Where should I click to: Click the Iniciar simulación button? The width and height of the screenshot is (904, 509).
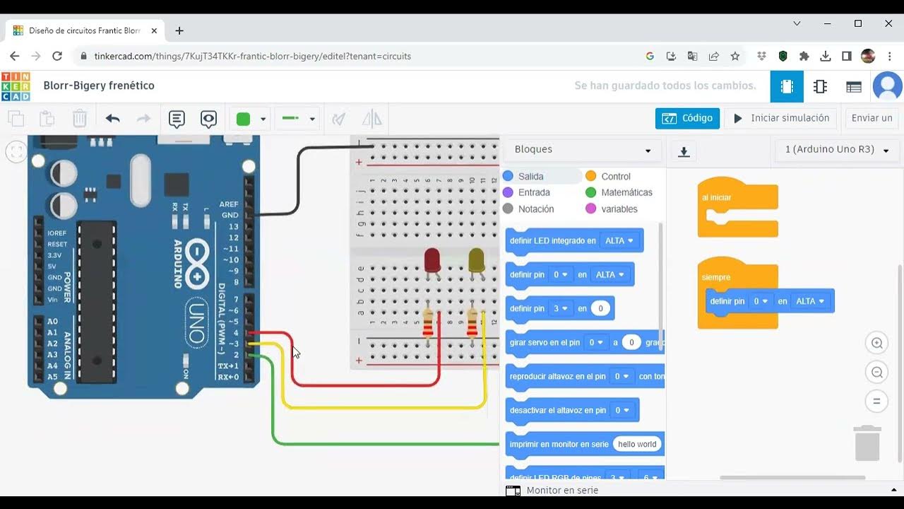pos(782,118)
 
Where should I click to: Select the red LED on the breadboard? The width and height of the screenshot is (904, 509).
pos(432,260)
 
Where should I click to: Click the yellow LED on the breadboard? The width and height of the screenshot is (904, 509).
pos(476,260)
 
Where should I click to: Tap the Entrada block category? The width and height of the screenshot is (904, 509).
pos(533,192)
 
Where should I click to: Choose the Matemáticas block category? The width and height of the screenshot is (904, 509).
pos(626,192)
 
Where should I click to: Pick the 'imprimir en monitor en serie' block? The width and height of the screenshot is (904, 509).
pos(558,444)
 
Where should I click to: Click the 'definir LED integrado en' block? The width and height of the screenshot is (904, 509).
pos(552,240)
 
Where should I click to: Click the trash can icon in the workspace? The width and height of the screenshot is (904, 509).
pos(867,443)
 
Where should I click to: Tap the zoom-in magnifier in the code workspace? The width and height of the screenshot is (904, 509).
pos(876,344)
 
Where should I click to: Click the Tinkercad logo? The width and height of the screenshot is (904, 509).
pos(16,86)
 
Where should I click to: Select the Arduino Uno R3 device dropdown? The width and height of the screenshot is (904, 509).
pos(837,150)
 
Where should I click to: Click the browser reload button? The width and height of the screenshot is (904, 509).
pos(58,56)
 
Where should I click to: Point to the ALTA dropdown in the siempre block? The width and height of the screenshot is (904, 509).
pos(809,301)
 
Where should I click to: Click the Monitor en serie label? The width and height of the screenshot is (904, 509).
pos(562,490)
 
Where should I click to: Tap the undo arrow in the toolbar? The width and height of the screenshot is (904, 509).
pos(113,119)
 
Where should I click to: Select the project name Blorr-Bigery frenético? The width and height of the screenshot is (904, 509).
pos(99,86)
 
